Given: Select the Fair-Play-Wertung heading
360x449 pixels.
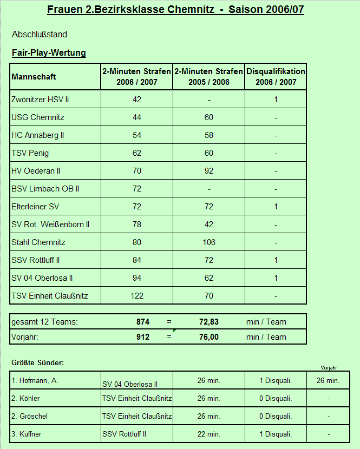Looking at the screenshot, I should [49, 53].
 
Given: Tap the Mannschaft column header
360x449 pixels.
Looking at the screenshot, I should [34, 77].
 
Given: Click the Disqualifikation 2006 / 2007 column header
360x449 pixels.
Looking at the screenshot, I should [276, 77].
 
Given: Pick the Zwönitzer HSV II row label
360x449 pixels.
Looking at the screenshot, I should [40, 100].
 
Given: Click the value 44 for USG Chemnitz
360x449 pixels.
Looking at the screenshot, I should [136, 117].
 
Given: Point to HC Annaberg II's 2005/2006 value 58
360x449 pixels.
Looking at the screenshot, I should [208, 135].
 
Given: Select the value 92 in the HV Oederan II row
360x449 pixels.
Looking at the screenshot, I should [208, 171].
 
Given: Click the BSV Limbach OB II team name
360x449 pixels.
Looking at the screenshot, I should [45, 189].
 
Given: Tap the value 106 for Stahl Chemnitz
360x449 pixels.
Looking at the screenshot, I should [208, 242].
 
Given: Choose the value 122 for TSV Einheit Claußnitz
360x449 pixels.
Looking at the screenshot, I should [136, 296].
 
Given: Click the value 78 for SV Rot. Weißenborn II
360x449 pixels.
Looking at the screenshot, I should [136, 225].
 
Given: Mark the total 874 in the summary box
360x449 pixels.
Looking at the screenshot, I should [142, 322].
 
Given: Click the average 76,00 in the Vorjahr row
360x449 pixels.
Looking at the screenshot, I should [208, 337].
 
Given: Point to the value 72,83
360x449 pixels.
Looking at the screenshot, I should [208, 322].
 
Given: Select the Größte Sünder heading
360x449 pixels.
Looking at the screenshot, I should [37, 362].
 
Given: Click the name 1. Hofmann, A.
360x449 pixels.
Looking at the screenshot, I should [35, 380].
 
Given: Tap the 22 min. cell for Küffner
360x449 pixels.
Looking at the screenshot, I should [208, 434].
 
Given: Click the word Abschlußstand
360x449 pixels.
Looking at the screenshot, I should [40, 35].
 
